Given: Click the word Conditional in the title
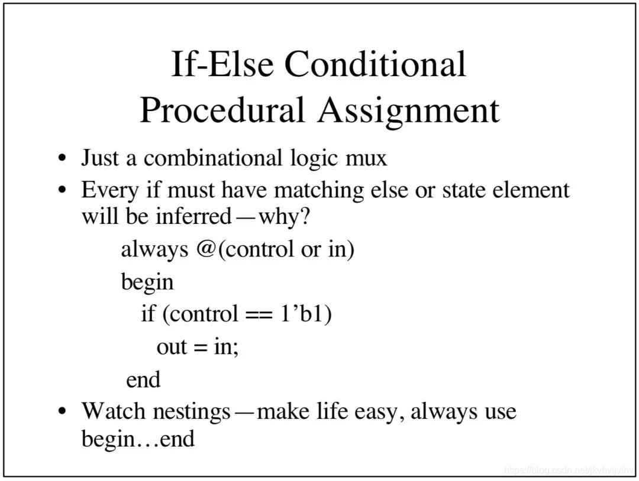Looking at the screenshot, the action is pos(375,64).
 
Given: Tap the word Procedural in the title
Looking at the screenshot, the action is pos(222,110).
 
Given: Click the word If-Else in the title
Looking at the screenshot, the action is pos(222,64).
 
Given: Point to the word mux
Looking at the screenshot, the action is pos(366,158).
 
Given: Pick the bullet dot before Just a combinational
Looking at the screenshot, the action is pos(62,158).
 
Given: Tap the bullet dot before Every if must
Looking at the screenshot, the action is pos(62,190).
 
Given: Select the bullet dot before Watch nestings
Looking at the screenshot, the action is pos(62,411).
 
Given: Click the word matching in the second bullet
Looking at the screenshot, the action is pos(319,190).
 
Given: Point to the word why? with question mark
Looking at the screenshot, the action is pos(285,216).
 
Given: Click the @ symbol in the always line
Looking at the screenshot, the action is pos(206,249).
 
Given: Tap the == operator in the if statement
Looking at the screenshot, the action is pos(259,314).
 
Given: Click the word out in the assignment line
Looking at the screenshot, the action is pos(172,347).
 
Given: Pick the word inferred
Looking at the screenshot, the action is pos(193,216).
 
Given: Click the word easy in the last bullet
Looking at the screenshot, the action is pos(380,412).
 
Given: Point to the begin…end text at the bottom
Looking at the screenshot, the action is pos(138,439).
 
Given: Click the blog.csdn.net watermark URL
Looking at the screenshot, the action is pos(569,470).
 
